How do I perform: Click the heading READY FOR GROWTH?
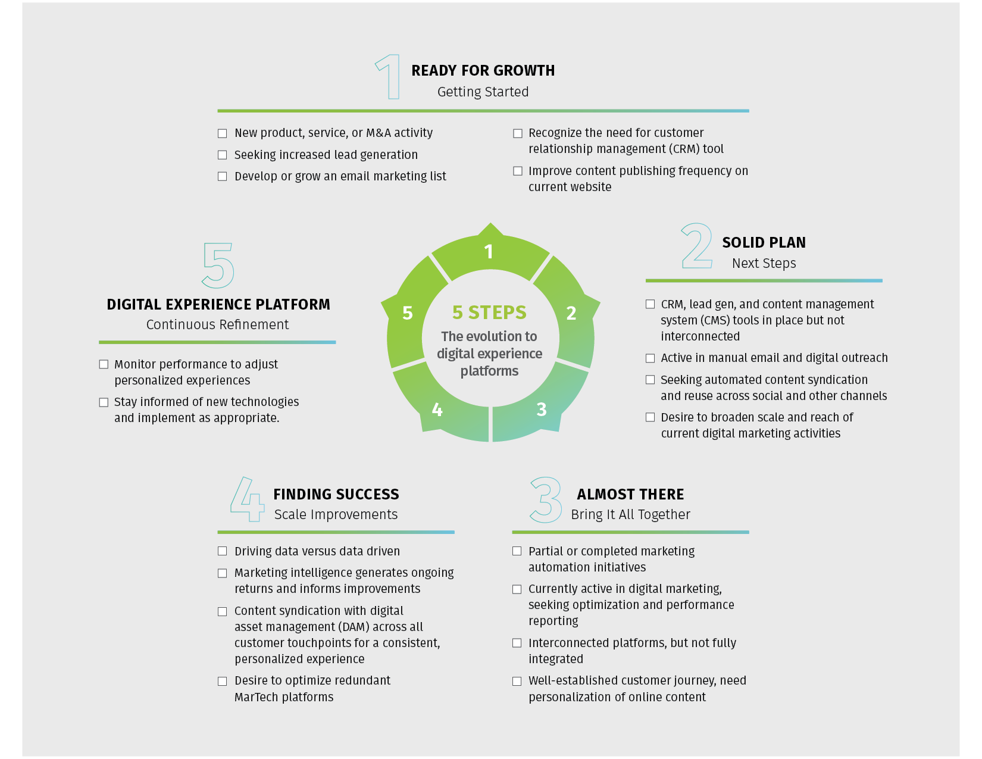[x=483, y=71]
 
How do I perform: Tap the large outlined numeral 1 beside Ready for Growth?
[x=389, y=77]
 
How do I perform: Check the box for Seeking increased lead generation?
[x=223, y=155]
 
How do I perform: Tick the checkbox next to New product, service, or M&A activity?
[x=223, y=133]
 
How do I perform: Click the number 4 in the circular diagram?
[x=437, y=410]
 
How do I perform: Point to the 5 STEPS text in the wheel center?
[x=489, y=313]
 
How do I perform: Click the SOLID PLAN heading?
[x=764, y=243]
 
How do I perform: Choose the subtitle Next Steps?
[x=764, y=263]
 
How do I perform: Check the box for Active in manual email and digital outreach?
[x=650, y=358]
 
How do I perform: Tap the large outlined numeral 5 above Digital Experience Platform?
[x=218, y=265]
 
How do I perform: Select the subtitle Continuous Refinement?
[x=217, y=324]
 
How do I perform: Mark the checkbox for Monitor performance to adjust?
[x=104, y=364]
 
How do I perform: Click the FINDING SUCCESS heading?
[x=336, y=495]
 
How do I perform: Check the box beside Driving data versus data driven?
[x=223, y=551]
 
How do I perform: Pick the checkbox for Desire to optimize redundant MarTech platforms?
[x=223, y=681]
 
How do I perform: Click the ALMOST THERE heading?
[x=630, y=495]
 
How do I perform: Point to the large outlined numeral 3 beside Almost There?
[x=546, y=500]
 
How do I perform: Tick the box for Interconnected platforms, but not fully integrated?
[x=517, y=643]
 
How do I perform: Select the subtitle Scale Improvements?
[x=336, y=515]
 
